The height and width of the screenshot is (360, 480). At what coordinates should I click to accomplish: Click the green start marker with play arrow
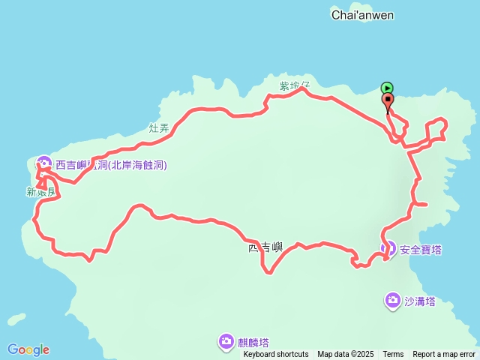[x=387, y=88]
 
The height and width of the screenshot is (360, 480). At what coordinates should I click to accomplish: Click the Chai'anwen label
[x=362, y=15]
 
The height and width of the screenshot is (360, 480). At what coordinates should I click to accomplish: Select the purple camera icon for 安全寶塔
[x=388, y=248]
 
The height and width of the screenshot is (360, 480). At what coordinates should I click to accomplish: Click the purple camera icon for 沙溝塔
[x=392, y=301]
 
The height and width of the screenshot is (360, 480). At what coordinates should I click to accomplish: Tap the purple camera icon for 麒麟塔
[x=226, y=342]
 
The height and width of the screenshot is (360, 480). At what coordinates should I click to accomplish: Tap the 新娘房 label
[x=41, y=193]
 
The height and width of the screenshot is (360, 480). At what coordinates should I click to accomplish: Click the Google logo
[x=28, y=349]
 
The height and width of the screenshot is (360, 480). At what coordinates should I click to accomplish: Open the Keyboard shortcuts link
[x=276, y=355]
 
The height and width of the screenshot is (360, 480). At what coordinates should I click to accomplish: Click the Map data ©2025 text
[x=345, y=355]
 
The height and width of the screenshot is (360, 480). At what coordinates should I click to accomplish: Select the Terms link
[x=393, y=355]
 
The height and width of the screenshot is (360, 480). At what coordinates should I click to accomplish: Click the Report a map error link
[x=444, y=355]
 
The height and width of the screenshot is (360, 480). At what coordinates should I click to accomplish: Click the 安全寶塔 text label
[x=421, y=249]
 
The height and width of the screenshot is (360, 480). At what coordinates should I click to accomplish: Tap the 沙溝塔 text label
[x=419, y=301]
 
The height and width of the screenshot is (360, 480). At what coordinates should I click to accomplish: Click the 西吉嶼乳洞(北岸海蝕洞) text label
[x=111, y=165]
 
